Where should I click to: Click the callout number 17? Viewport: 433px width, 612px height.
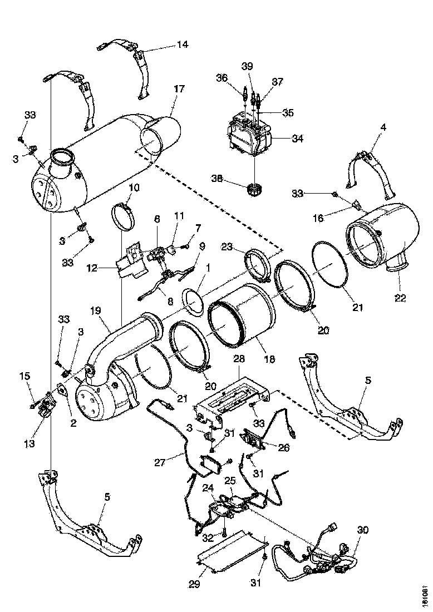(179, 89)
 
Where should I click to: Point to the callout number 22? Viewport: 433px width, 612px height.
(400, 298)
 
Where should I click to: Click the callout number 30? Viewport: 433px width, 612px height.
(363, 531)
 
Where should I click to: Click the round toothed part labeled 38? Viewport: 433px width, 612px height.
(254, 190)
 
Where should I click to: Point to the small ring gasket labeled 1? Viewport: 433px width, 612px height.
(193, 301)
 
